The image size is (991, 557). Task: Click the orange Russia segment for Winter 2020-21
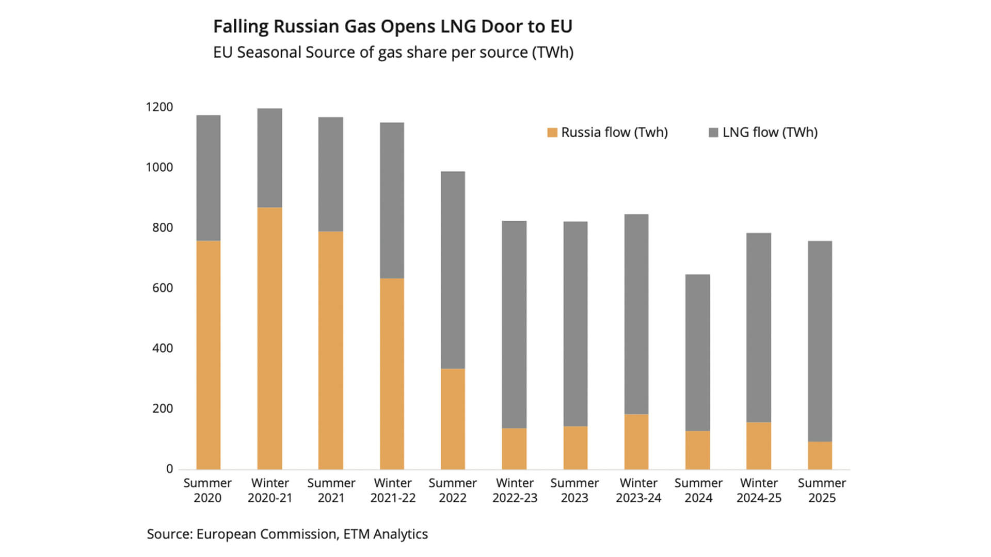pos(269,338)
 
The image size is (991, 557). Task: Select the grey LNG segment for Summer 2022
pos(453,270)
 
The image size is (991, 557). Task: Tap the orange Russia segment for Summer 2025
pos(820,455)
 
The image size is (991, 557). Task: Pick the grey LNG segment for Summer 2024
pos(697,353)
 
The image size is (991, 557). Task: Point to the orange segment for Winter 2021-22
pos(392,374)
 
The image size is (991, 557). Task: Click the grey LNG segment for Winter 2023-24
pos(636,314)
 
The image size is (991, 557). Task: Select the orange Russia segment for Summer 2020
pos(208,355)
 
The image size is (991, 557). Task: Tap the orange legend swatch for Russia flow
pos(552,133)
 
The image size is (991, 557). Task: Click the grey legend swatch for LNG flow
pos(713,133)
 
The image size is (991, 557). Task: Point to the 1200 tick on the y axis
pos(159,107)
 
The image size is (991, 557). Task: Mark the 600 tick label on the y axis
pos(163,288)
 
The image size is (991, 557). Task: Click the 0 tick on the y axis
pos(169,469)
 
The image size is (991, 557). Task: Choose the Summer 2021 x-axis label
pos(331,490)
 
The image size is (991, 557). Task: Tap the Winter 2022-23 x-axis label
pos(515,490)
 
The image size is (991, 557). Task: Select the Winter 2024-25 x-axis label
pos(759,490)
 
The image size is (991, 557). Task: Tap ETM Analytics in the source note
pos(386,534)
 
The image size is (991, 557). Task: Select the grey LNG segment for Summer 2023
pos(575,324)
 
